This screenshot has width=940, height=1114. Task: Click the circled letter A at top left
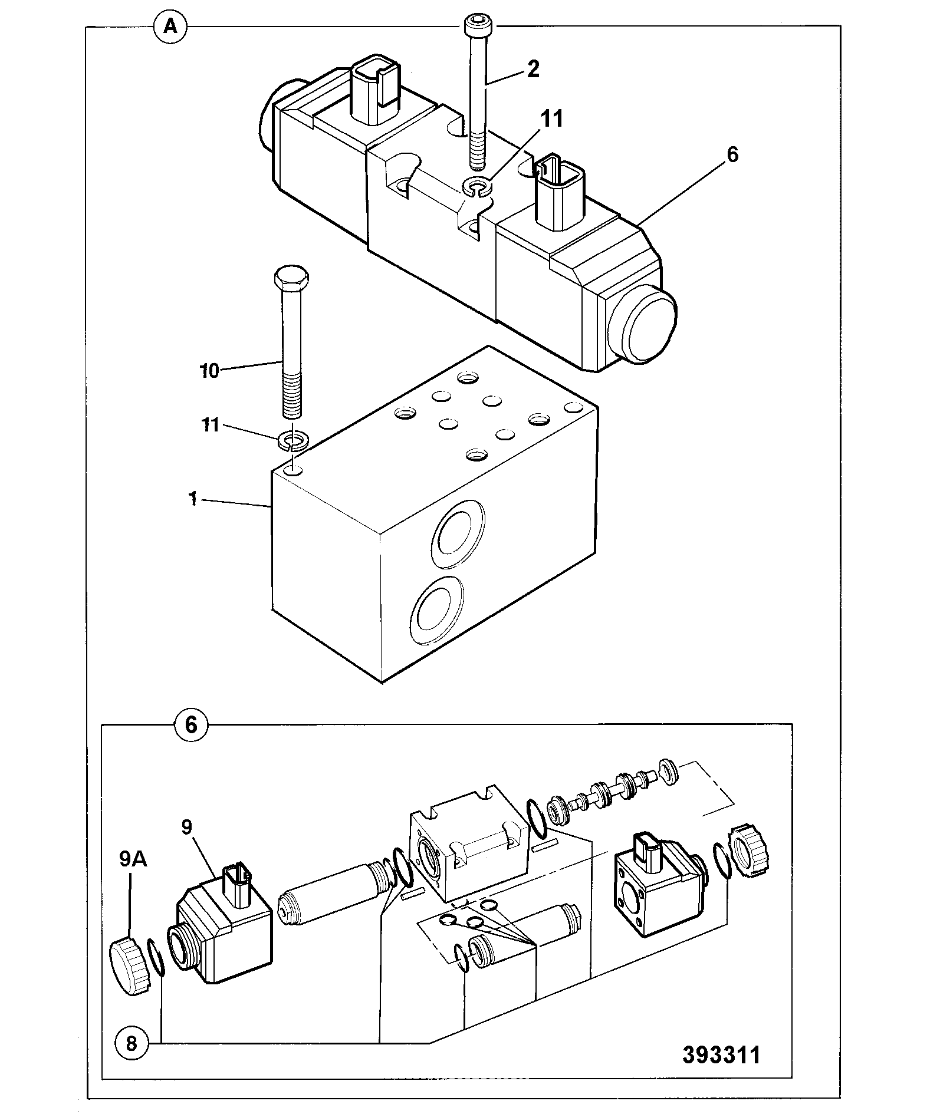tap(170, 27)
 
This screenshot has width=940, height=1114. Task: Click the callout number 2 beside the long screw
tap(533, 70)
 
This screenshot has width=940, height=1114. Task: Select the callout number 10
tap(209, 371)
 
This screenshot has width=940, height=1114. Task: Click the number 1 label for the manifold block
tap(192, 499)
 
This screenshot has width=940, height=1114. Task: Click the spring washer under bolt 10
tap(292, 440)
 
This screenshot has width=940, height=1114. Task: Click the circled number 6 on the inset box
tap(192, 725)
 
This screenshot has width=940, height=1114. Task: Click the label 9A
tap(134, 859)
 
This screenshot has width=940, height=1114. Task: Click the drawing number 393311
tap(722, 1054)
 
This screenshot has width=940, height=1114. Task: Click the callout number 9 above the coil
tap(187, 828)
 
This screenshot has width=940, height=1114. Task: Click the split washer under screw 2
tap(478, 186)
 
